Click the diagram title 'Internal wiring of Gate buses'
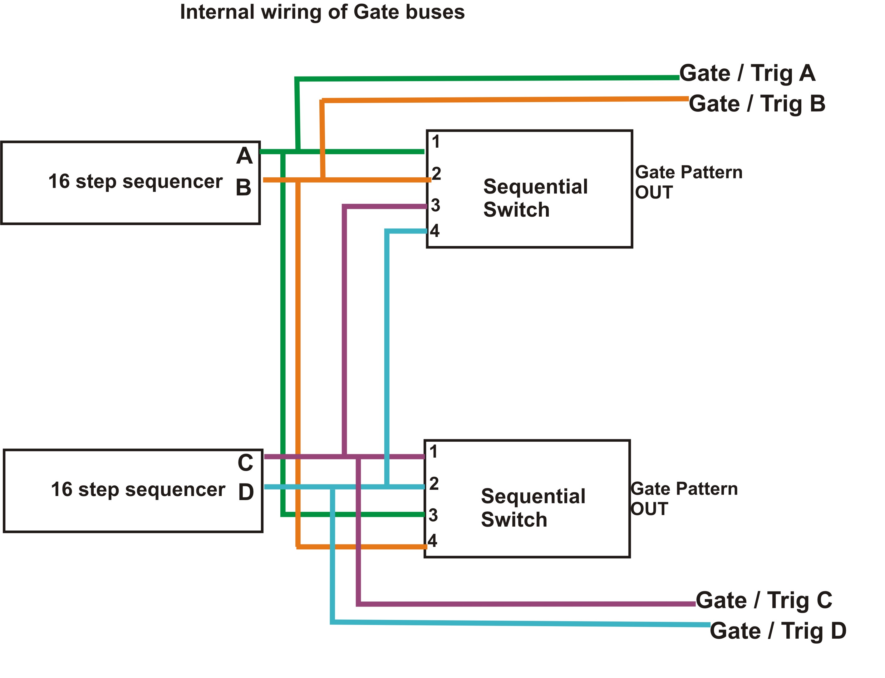pyautogui.click(x=322, y=12)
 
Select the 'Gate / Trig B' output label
pyautogui.click(x=757, y=104)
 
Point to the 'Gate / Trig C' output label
pyautogui.click(x=764, y=601)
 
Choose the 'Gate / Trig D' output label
pyautogui.click(x=778, y=631)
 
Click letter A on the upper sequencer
pyautogui.click(x=244, y=156)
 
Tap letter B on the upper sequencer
pyautogui.click(x=243, y=188)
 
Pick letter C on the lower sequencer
pyautogui.click(x=245, y=463)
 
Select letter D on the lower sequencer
pyautogui.click(x=246, y=492)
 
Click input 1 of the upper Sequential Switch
pyautogui.click(x=435, y=142)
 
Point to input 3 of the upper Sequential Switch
pyautogui.click(x=435, y=205)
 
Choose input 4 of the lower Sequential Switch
pyautogui.click(x=433, y=541)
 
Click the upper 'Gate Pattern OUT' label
pyautogui.click(x=688, y=182)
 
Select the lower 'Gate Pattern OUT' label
pyautogui.click(x=684, y=499)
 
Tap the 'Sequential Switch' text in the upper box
pyautogui.click(x=535, y=198)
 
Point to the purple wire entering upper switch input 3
pyautogui.click(x=386, y=207)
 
